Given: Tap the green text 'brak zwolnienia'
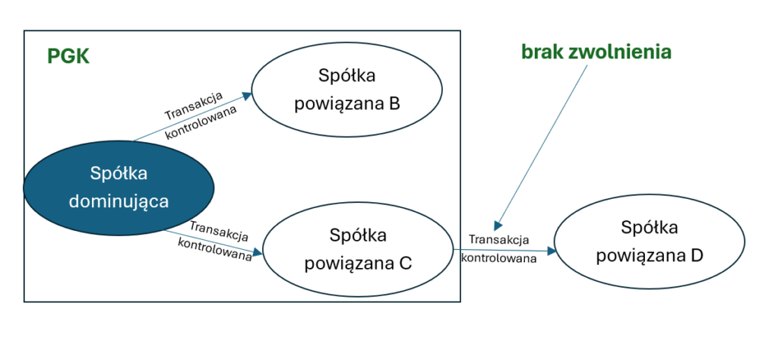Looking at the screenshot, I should click(596, 52).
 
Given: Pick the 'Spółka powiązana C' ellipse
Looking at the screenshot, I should click(358, 250).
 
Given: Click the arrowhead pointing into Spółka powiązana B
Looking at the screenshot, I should click(247, 95).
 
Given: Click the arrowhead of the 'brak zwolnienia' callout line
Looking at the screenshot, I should click(496, 226).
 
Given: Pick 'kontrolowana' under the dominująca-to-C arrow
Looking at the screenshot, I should click(214, 250).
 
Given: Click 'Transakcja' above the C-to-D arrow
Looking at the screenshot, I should click(498, 240).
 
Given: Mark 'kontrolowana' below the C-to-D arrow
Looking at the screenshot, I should click(499, 257).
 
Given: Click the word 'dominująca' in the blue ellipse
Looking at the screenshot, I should click(118, 201).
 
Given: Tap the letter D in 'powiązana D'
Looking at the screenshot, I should click(697, 255).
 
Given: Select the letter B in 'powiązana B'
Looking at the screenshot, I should click(394, 103).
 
